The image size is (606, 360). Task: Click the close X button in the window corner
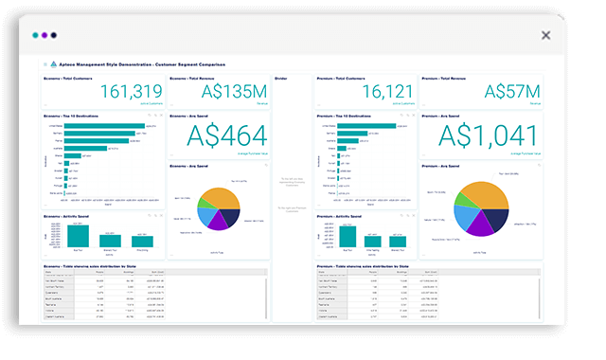click(x=545, y=35)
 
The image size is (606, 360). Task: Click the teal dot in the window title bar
click(x=35, y=35)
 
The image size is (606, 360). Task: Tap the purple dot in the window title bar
click(x=45, y=35)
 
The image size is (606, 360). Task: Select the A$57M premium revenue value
click(x=511, y=91)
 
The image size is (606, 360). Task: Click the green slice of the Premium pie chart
click(x=465, y=194)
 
